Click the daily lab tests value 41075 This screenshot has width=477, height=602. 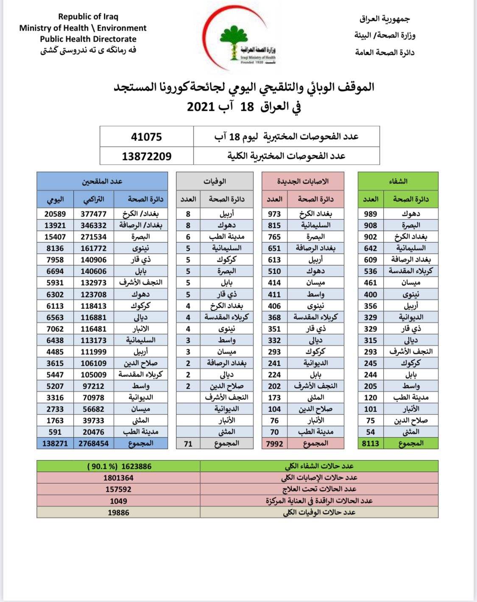click(x=146, y=137)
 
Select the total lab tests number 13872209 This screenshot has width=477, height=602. click(x=146, y=156)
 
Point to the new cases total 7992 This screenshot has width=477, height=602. click(x=274, y=443)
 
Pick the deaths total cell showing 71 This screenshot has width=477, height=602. click(x=188, y=443)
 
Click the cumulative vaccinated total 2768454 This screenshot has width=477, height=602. click(x=94, y=443)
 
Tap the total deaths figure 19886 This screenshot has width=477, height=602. click(x=118, y=512)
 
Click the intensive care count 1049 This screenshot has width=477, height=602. click(x=118, y=501)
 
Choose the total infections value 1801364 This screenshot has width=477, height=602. click(x=118, y=478)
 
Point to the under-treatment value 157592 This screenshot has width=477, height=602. click(x=118, y=489)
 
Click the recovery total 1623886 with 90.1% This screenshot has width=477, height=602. click(x=119, y=466)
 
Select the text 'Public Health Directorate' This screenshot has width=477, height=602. click(x=88, y=39)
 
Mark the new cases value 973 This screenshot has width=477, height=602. click(x=274, y=214)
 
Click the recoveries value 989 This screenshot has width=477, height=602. click(x=371, y=214)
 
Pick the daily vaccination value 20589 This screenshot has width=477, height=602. click(x=55, y=214)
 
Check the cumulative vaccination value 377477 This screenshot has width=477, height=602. click(x=94, y=214)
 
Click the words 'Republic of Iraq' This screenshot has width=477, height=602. click(x=88, y=17)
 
